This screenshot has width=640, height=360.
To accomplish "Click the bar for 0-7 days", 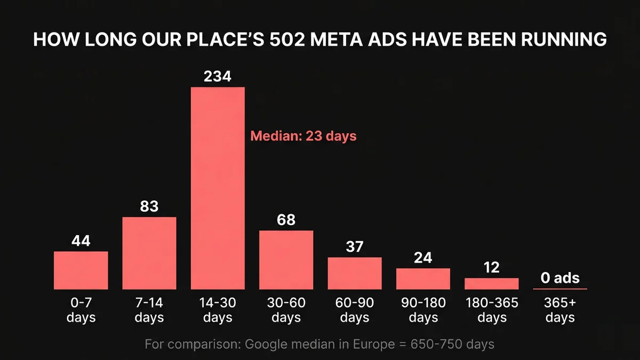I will click(81, 270).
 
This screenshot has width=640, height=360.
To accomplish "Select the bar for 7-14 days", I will click(149, 253).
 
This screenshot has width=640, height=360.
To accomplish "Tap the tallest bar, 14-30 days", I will click(218, 188).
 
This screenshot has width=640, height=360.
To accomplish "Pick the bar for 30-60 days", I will click(286, 260).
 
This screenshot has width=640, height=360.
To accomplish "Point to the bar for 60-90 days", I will click(355, 273).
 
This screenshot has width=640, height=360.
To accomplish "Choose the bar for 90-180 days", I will click(423, 279).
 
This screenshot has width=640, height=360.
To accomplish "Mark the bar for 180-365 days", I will click(491, 284).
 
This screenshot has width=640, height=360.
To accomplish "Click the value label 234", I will click(218, 76).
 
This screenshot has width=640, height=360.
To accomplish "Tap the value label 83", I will click(149, 206).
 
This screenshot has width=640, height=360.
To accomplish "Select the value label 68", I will click(286, 220).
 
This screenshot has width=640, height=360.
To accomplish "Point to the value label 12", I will click(491, 267).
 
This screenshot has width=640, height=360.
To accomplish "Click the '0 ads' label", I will click(559, 278).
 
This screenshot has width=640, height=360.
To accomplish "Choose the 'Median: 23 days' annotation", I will click(303, 136).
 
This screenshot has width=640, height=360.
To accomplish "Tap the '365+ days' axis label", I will click(560, 310).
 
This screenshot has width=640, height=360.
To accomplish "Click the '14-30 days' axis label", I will click(218, 310).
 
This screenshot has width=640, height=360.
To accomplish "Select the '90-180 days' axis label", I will click(423, 310).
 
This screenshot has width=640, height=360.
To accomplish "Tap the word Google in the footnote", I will click(264, 344).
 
